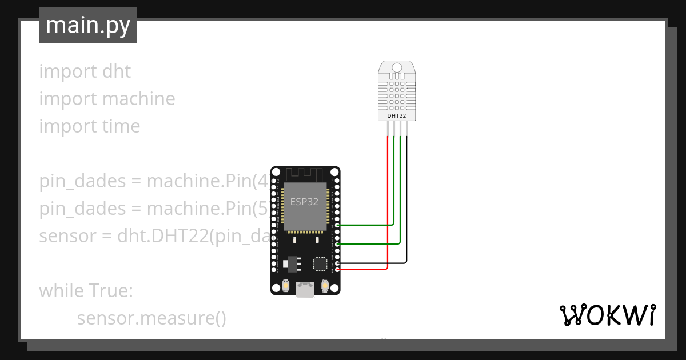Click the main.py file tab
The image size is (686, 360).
(87, 25)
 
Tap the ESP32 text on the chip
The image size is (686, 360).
(304, 202)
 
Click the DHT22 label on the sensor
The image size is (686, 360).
(397, 116)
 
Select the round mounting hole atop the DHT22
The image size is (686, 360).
(397, 68)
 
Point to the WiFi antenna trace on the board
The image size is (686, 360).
(305, 173)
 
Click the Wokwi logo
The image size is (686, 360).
(607, 315)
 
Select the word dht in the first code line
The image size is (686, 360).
(117, 71)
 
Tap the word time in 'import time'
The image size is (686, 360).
(121, 126)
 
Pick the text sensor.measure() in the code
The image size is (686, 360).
(151, 318)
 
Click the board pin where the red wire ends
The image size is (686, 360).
(338, 269)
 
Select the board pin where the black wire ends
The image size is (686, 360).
(338, 263)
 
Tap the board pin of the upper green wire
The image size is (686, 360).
(338, 225)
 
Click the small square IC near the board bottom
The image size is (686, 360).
(319, 263)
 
